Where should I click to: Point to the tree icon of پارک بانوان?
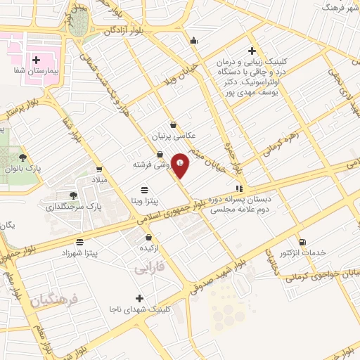pos(23,157)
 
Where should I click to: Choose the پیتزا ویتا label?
pos(143,201)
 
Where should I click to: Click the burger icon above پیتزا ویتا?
pos(144,190)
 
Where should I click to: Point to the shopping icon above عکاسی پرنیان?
pos(173,125)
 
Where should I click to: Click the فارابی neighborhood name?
pos(148,269)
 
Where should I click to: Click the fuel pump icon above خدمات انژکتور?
pos(302,241)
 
